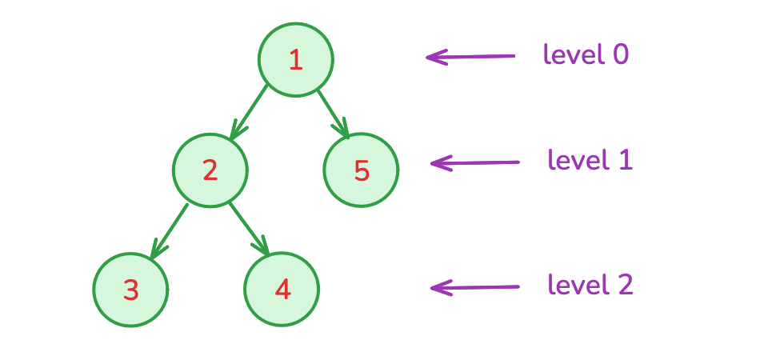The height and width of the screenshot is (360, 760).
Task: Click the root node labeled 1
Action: (x=296, y=60)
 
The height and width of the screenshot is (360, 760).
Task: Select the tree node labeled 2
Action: (x=210, y=170)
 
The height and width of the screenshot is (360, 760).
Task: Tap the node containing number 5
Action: (x=361, y=170)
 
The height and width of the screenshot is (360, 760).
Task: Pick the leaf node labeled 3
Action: (x=130, y=290)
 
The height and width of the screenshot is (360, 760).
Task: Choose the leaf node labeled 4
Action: (x=282, y=290)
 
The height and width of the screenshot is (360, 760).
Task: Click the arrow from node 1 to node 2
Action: (x=250, y=111)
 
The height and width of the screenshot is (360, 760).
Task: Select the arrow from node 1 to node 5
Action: (x=333, y=112)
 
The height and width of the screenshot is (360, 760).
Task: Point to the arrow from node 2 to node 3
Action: (x=170, y=230)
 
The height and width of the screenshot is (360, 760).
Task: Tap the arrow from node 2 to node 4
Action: (x=248, y=230)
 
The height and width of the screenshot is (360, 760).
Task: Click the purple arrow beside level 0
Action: (x=470, y=57)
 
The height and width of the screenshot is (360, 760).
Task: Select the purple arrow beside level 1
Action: (x=474, y=163)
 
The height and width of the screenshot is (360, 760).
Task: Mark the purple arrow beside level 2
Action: (x=474, y=286)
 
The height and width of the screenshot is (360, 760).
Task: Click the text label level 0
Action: (x=586, y=54)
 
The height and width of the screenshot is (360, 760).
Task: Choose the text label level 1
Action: (x=590, y=160)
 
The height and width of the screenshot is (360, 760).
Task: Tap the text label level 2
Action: (x=590, y=284)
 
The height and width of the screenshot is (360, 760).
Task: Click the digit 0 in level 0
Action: (x=620, y=54)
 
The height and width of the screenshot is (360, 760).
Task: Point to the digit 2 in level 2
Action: (x=624, y=285)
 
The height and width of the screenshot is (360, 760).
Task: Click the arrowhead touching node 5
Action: (x=344, y=130)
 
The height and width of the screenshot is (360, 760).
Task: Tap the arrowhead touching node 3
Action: (x=157, y=251)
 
